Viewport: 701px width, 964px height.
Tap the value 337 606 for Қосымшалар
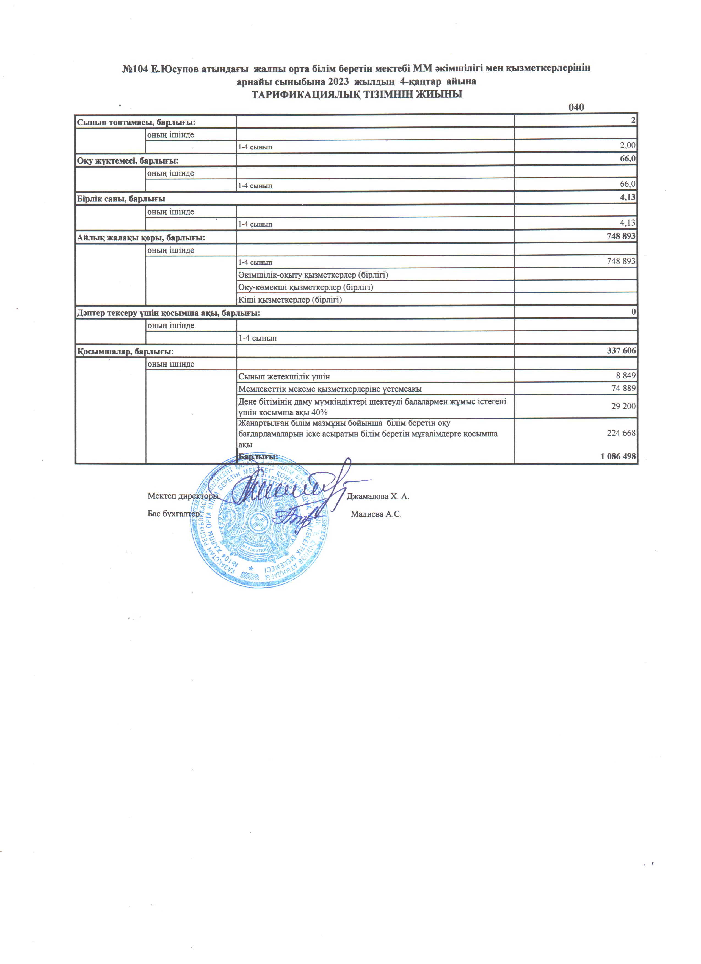click(x=622, y=351)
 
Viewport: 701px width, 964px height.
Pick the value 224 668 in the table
click(x=621, y=433)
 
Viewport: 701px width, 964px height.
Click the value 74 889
click(x=623, y=388)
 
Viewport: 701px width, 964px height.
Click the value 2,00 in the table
click(x=627, y=145)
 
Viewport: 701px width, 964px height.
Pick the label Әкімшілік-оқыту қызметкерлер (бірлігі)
click(x=313, y=275)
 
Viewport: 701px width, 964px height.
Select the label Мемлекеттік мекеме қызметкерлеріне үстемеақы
click(x=330, y=389)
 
